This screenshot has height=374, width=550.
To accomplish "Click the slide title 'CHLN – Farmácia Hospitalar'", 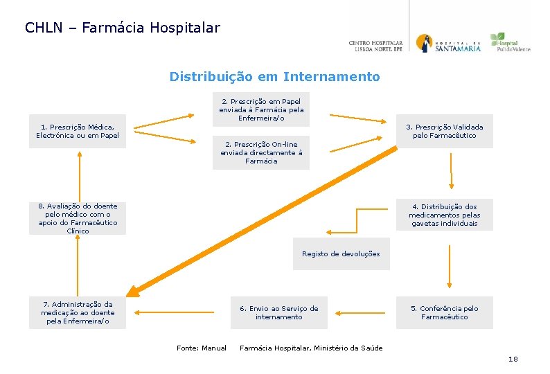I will (123, 28).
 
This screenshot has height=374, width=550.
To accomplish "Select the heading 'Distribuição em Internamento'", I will (274, 77).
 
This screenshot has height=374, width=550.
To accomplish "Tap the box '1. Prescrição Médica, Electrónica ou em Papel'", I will (78, 131).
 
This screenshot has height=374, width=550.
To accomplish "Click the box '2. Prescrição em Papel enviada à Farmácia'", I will (261, 109).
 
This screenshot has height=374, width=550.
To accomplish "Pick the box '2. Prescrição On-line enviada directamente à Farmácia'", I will (261, 153).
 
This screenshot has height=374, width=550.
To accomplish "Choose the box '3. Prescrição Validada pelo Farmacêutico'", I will (444, 131).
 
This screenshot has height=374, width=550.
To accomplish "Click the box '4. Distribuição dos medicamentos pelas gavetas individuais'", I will (444, 215).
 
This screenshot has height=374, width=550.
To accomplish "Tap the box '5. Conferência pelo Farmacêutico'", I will (444, 313).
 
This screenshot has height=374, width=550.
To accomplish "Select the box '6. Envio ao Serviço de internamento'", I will (278, 313).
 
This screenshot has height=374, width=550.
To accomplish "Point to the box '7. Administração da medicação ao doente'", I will (78, 313).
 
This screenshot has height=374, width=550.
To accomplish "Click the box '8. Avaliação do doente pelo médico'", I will (78, 218).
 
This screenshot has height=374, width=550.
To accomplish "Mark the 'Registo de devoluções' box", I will (341, 254).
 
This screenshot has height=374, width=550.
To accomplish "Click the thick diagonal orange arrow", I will (263, 222).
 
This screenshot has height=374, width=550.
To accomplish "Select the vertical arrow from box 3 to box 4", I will (452, 170).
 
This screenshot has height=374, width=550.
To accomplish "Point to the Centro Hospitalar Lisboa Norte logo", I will (375, 46).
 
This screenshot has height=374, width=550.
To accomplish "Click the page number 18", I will (513, 359).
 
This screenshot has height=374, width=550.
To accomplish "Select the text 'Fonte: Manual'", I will (201, 348).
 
